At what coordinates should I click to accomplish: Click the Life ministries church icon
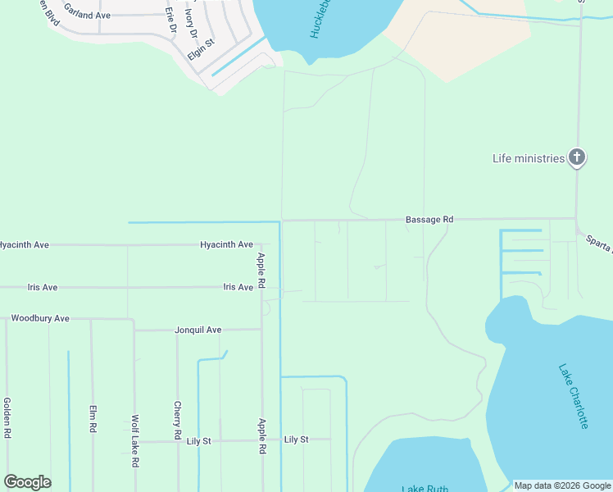(x=577, y=157)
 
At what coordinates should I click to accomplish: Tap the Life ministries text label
(x=529, y=158)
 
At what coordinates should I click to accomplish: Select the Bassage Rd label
(x=429, y=220)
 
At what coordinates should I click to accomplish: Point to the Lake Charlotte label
(x=573, y=396)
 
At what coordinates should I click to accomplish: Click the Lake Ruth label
(x=424, y=488)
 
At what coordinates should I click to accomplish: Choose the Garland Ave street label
(x=87, y=16)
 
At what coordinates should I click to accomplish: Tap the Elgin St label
(x=201, y=48)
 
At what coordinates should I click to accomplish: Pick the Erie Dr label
(x=170, y=20)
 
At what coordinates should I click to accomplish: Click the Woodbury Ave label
(x=39, y=317)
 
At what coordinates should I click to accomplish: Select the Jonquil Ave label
(x=198, y=330)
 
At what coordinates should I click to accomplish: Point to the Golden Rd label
(x=7, y=417)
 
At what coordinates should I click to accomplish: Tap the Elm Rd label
(x=93, y=419)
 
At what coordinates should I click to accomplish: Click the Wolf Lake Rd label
(x=134, y=441)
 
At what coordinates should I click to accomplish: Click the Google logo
(x=27, y=482)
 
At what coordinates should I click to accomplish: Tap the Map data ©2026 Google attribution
(x=562, y=485)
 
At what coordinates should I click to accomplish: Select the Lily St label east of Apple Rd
(x=296, y=440)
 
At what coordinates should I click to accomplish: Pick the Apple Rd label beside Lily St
(x=262, y=435)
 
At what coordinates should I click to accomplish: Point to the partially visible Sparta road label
(x=599, y=243)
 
